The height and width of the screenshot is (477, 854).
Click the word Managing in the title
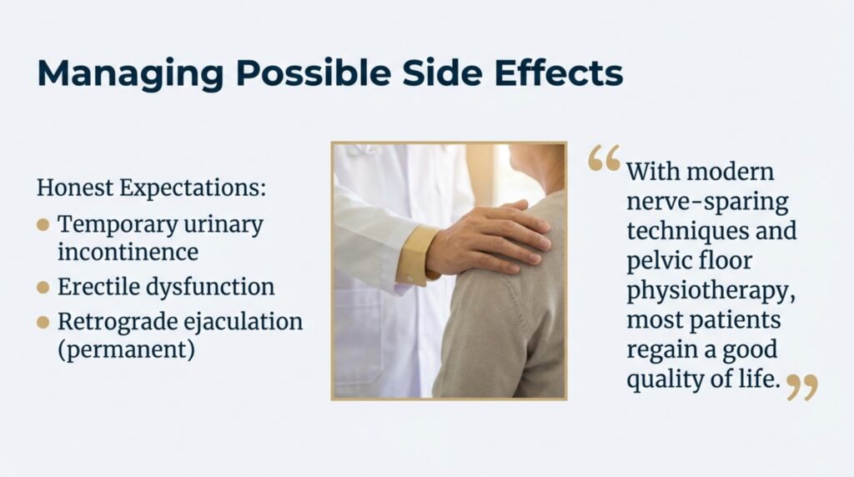tap(130, 73)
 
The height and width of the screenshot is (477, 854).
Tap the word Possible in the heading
tap(314, 73)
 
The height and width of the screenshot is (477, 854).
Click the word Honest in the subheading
tap(75, 188)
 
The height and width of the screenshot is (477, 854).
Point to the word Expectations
tap(193, 188)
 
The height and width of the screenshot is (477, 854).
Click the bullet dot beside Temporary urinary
tap(43, 225)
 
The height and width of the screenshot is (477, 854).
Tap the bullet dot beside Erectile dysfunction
tap(43, 287)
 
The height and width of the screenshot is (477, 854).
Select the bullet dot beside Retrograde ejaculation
tap(43, 323)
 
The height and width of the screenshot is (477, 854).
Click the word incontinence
tap(128, 252)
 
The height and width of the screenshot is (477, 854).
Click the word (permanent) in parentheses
tap(127, 350)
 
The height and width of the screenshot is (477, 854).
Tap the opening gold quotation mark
tap(605, 158)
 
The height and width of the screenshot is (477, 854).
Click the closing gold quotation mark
tap(803, 387)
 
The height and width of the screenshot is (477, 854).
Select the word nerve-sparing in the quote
tap(707, 202)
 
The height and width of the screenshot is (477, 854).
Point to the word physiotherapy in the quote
tap(711, 290)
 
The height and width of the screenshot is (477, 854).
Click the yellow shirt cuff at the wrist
tap(417, 255)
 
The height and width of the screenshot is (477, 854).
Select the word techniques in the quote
tap(687, 231)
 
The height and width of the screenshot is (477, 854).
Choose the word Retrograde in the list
tap(117, 323)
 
